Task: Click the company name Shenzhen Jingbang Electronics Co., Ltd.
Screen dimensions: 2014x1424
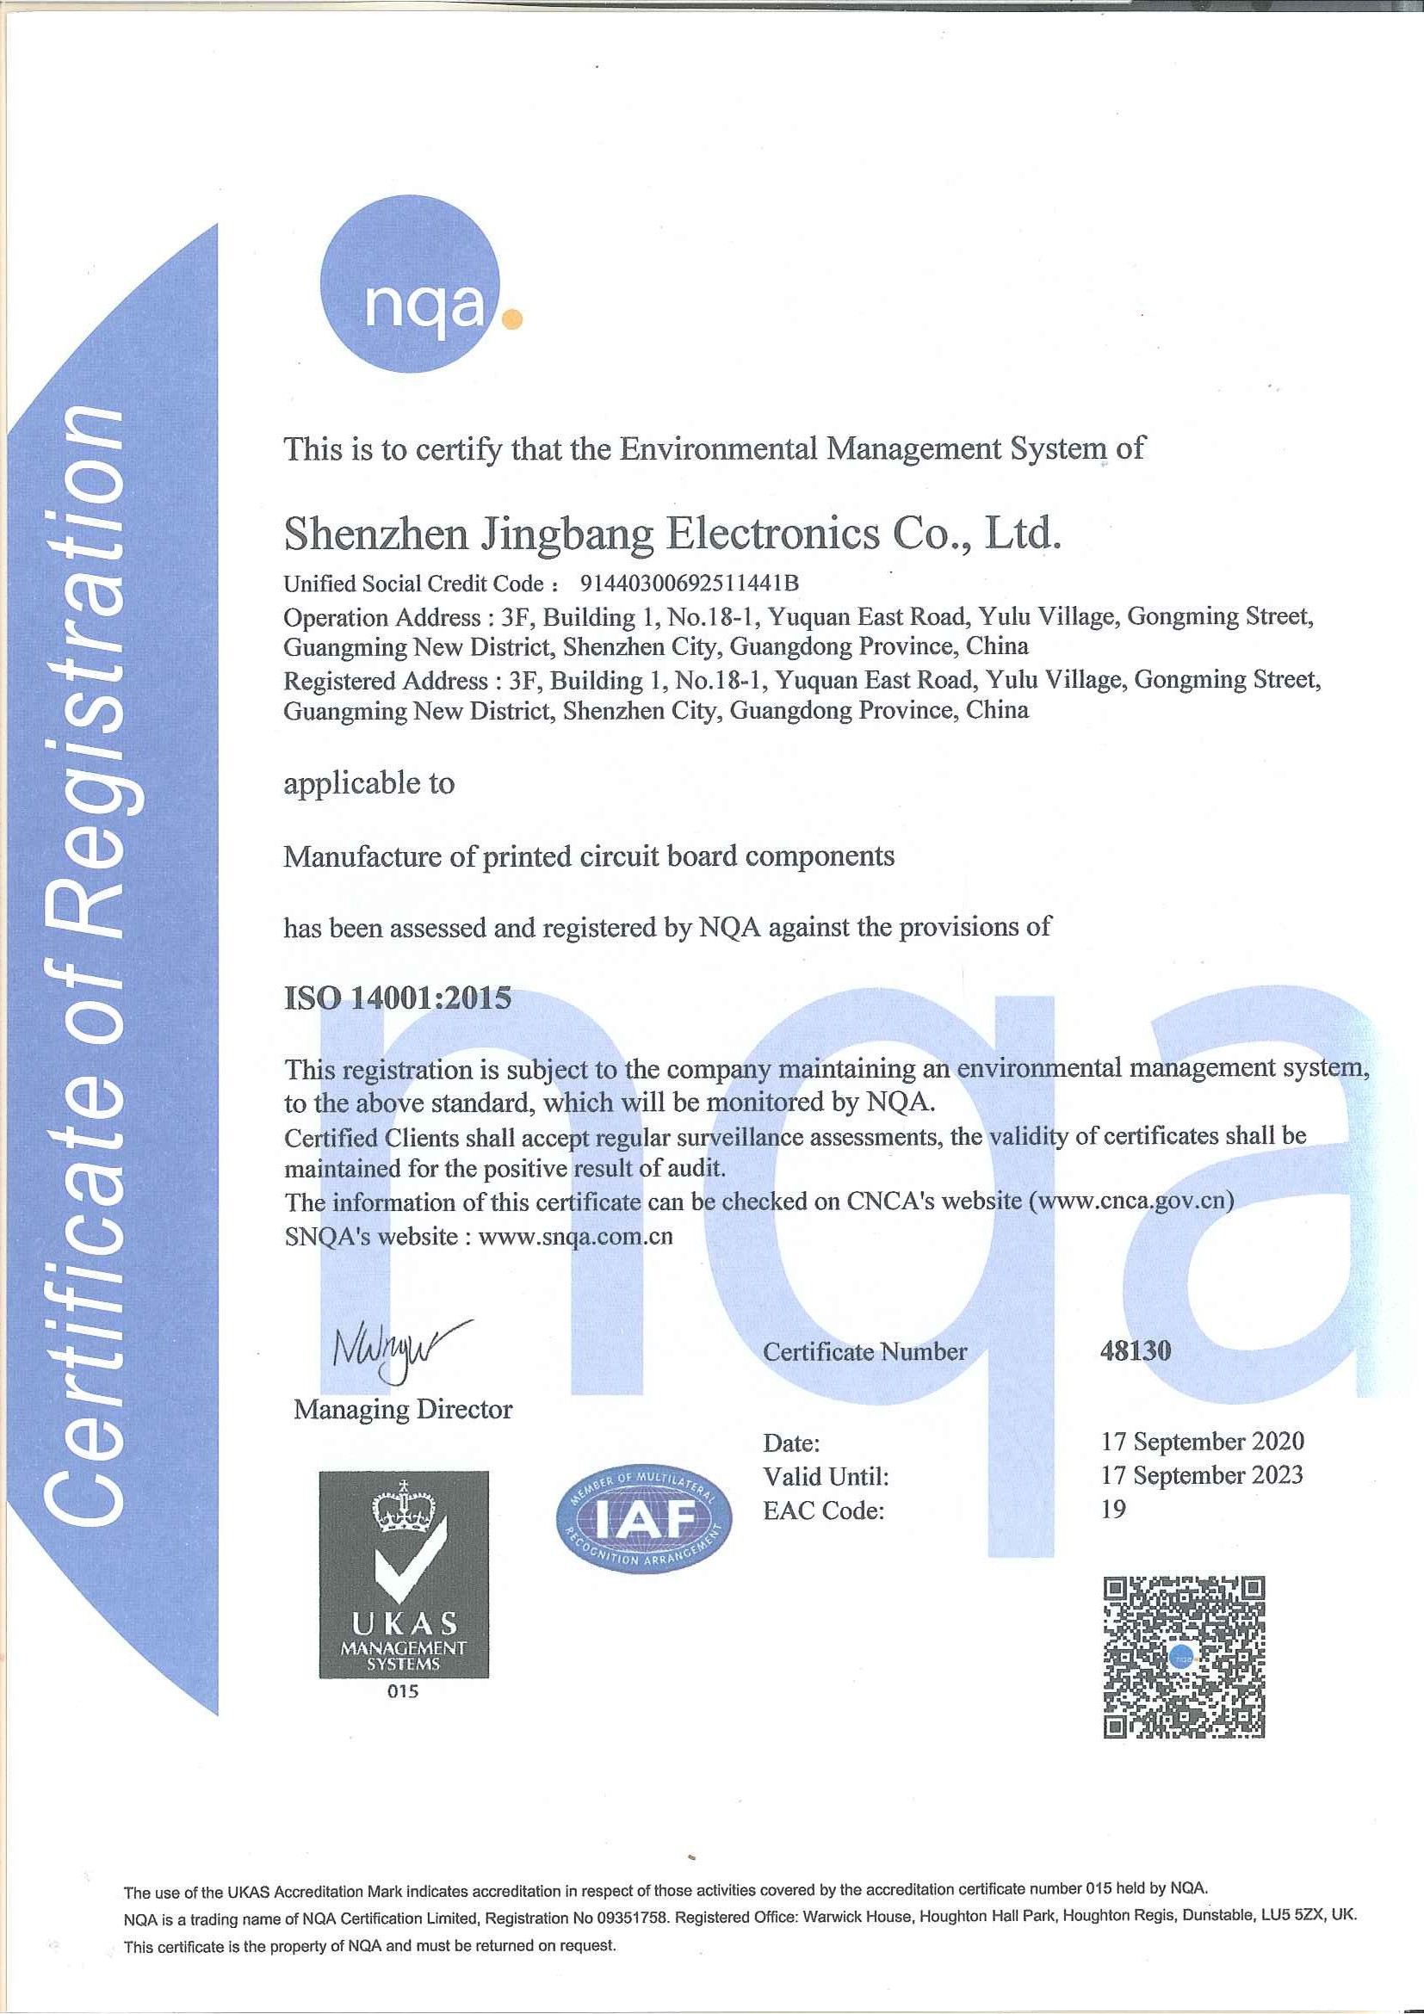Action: (672, 534)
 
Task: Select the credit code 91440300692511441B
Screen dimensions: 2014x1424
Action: (689, 584)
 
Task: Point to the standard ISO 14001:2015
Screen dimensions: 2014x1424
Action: (398, 998)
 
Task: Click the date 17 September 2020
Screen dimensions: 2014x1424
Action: (1202, 1441)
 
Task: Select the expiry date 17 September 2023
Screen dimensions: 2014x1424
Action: (1202, 1475)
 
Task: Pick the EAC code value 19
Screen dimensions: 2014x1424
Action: (1113, 1509)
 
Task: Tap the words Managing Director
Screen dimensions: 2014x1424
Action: (403, 1410)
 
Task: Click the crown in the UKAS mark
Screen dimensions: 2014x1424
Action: (404, 1509)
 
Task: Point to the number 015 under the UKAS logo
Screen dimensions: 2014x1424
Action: (403, 1691)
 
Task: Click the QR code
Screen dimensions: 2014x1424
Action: (1184, 1657)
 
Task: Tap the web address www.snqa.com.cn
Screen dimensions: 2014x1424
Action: (576, 1237)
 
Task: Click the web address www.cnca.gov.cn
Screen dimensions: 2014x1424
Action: (1132, 1200)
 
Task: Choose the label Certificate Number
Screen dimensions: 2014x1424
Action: (864, 1352)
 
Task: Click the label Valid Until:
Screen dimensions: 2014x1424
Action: (826, 1477)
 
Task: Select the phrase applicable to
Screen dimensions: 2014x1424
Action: (368, 783)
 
